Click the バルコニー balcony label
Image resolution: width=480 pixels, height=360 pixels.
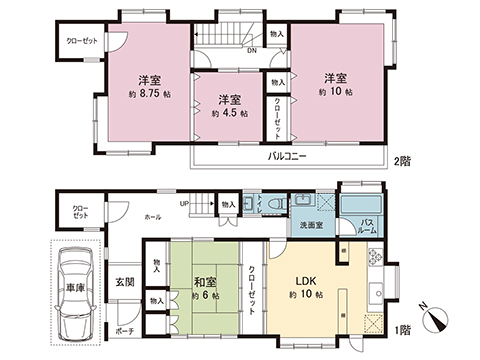pyautogui.click(x=287, y=157)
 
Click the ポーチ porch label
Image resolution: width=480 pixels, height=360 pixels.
pyautogui.click(x=124, y=331)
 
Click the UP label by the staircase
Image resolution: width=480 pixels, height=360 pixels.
pyautogui.click(x=185, y=204)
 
